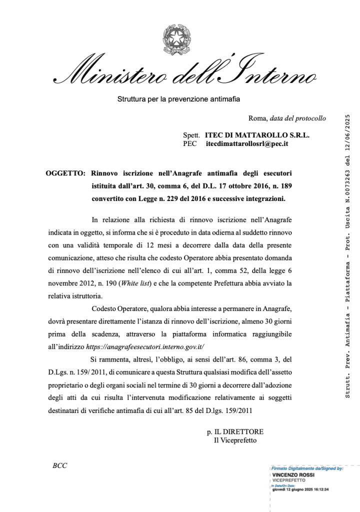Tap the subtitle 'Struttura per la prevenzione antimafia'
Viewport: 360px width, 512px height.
pyautogui.click(x=178, y=99)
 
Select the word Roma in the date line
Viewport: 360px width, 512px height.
pyautogui.click(x=258, y=118)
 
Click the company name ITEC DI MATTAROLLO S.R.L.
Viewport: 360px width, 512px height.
pyautogui.click(x=257, y=135)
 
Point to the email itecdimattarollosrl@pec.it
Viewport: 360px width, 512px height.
pyautogui.click(x=246, y=144)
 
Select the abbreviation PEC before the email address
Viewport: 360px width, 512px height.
pyautogui.click(x=190, y=144)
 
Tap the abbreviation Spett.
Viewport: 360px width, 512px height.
pyautogui.click(x=191, y=135)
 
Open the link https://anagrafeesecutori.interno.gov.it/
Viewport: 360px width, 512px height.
pyautogui.click(x=145, y=346)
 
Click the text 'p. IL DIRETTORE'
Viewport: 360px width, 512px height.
pyautogui.click(x=235, y=431)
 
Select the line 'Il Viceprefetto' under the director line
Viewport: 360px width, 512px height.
pyautogui.click(x=235, y=440)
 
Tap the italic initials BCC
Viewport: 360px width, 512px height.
pyautogui.click(x=59, y=465)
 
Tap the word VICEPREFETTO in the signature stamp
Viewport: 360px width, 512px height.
pyautogui.click(x=288, y=480)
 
